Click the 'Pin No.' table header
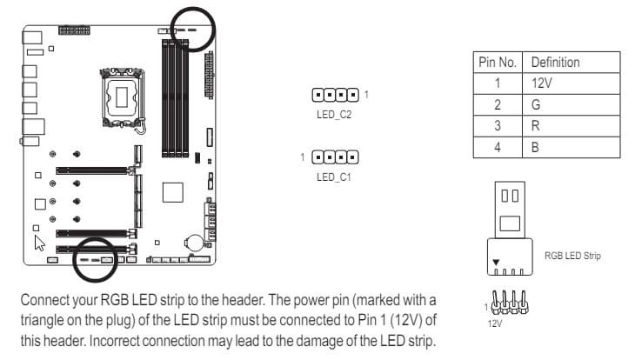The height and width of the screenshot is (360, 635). (498, 63)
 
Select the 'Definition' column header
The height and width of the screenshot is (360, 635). (555, 63)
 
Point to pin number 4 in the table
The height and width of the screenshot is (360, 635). (498, 147)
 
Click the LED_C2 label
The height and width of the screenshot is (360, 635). (334, 115)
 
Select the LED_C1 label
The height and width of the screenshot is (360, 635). (334, 177)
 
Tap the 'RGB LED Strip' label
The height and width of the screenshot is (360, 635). (572, 256)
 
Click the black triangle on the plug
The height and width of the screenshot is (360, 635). (496, 263)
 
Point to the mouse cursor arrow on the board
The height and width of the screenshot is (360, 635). (39, 243)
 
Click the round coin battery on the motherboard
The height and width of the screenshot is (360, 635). (195, 243)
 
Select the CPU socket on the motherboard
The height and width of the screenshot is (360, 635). (122, 97)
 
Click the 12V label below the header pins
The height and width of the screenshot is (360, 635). (494, 323)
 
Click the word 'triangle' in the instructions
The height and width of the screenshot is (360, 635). (42, 320)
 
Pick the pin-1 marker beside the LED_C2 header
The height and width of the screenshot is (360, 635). (366, 95)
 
